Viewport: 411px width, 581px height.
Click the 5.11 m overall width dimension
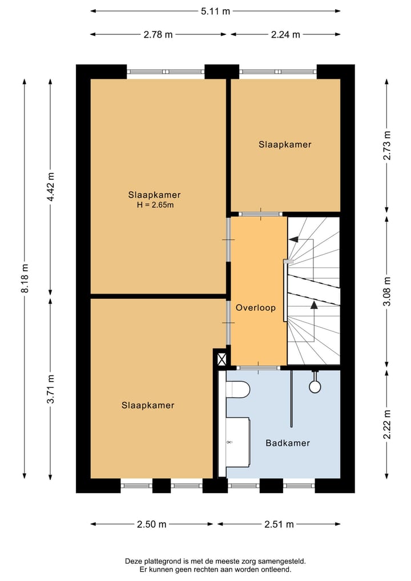pyautogui.click(x=215, y=10)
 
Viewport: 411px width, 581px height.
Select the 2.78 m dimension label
pyautogui.click(x=158, y=34)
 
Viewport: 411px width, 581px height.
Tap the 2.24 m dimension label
pyautogui.click(x=285, y=34)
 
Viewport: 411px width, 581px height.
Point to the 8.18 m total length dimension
pyautogui.click(x=25, y=278)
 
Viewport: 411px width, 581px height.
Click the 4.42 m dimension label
pyautogui.click(x=50, y=186)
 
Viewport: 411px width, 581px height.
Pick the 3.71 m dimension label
pyautogui.click(x=50, y=388)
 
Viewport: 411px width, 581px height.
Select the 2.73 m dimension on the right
pyautogui.click(x=388, y=146)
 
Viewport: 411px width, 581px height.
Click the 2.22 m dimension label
pyautogui.click(x=388, y=424)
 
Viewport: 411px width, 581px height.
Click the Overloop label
pyautogui.click(x=256, y=307)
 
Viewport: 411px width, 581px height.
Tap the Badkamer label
pyautogui.click(x=288, y=443)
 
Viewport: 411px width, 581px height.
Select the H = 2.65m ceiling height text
pyautogui.click(x=154, y=205)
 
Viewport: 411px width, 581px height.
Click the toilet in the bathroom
pyautogui.click(x=237, y=390)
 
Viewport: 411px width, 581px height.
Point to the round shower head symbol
pyautogui.click(x=315, y=386)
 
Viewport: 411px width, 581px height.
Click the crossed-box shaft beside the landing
pyautogui.click(x=221, y=359)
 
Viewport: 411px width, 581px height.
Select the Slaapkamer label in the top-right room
pyautogui.click(x=285, y=145)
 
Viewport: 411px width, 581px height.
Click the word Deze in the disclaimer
pyautogui.click(x=135, y=561)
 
